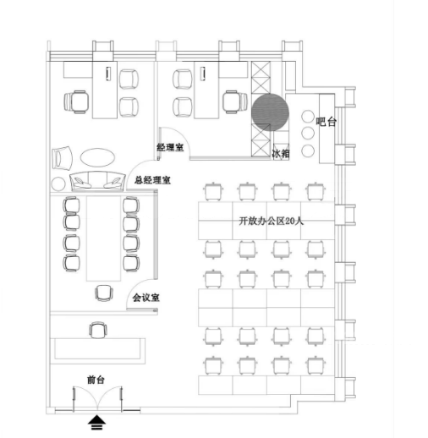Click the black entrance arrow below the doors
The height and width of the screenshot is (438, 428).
pyautogui.click(x=96, y=422)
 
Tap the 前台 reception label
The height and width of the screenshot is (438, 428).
pyautogui.click(x=96, y=380)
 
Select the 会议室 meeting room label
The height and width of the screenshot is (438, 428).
pyautogui.click(x=146, y=298)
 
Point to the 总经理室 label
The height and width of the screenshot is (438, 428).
pyautogui.click(x=152, y=180)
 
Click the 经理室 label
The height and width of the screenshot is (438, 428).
pyautogui.click(x=170, y=147)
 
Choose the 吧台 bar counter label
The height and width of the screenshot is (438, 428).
pyautogui.click(x=326, y=122)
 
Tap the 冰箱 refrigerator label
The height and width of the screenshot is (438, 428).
pyautogui.click(x=281, y=154)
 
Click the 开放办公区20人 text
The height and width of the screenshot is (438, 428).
pyautogui.click(x=272, y=221)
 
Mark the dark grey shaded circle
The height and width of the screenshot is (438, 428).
pyautogui.click(x=270, y=112)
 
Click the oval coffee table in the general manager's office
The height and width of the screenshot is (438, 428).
pyautogui.click(x=97, y=157)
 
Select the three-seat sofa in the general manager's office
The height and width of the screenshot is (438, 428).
pyautogui.click(x=97, y=181)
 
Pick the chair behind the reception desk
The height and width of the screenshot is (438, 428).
pyautogui.click(x=98, y=330)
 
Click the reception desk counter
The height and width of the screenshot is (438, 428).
pyautogui.click(x=97, y=351)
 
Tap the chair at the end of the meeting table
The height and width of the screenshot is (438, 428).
pyautogui.click(x=104, y=293)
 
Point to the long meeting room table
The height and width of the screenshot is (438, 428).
pyautogui.click(x=104, y=238)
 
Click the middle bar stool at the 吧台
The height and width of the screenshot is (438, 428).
pyautogui.click(x=308, y=134)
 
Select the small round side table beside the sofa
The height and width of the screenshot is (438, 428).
pyautogui.click(x=58, y=184)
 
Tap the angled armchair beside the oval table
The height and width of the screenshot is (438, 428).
pyautogui.click(x=62, y=158)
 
